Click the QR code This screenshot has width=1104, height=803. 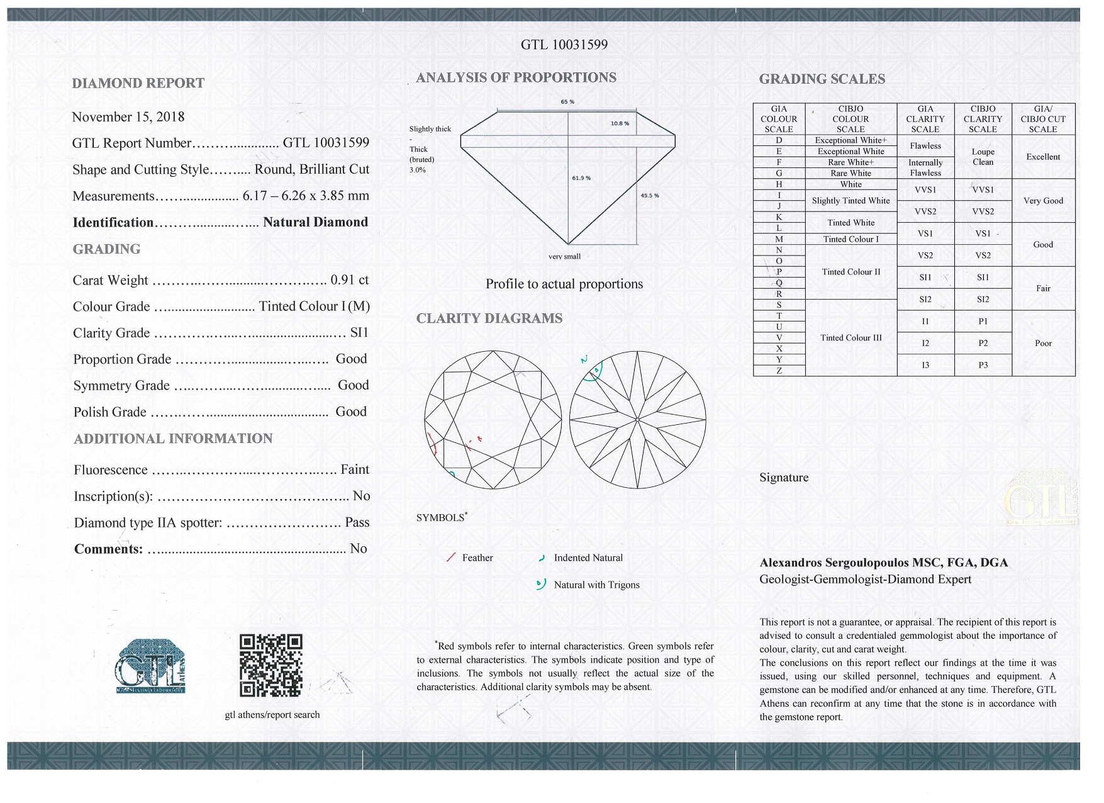(x=271, y=665)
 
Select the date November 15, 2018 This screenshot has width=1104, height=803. (x=128, y=117)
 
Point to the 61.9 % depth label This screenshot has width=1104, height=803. (x=581, y=178)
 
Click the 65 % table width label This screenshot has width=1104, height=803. (x=567, y=102)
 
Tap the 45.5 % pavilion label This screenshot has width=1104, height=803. (x=650, y=196)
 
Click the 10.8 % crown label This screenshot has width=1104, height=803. (x=620, y=123)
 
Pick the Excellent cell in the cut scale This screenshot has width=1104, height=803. (x=1043, y=157)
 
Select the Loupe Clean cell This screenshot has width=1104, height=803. (x=983, y=157)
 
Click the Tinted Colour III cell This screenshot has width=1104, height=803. (x=851, y=338)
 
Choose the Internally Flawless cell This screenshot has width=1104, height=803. (x=925, y=168)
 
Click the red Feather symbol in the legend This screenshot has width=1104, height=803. (x=451, y=558)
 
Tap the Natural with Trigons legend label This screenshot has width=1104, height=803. (x=596, y=585)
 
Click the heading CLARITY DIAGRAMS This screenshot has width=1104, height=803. (x=489, y=318)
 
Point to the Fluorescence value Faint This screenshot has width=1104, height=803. (x=355, y=469)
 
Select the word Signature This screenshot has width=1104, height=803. (x=784, y=478)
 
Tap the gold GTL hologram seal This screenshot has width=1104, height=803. (x=1041, y=498)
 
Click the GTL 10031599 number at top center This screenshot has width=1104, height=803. (x=564, y=45)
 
